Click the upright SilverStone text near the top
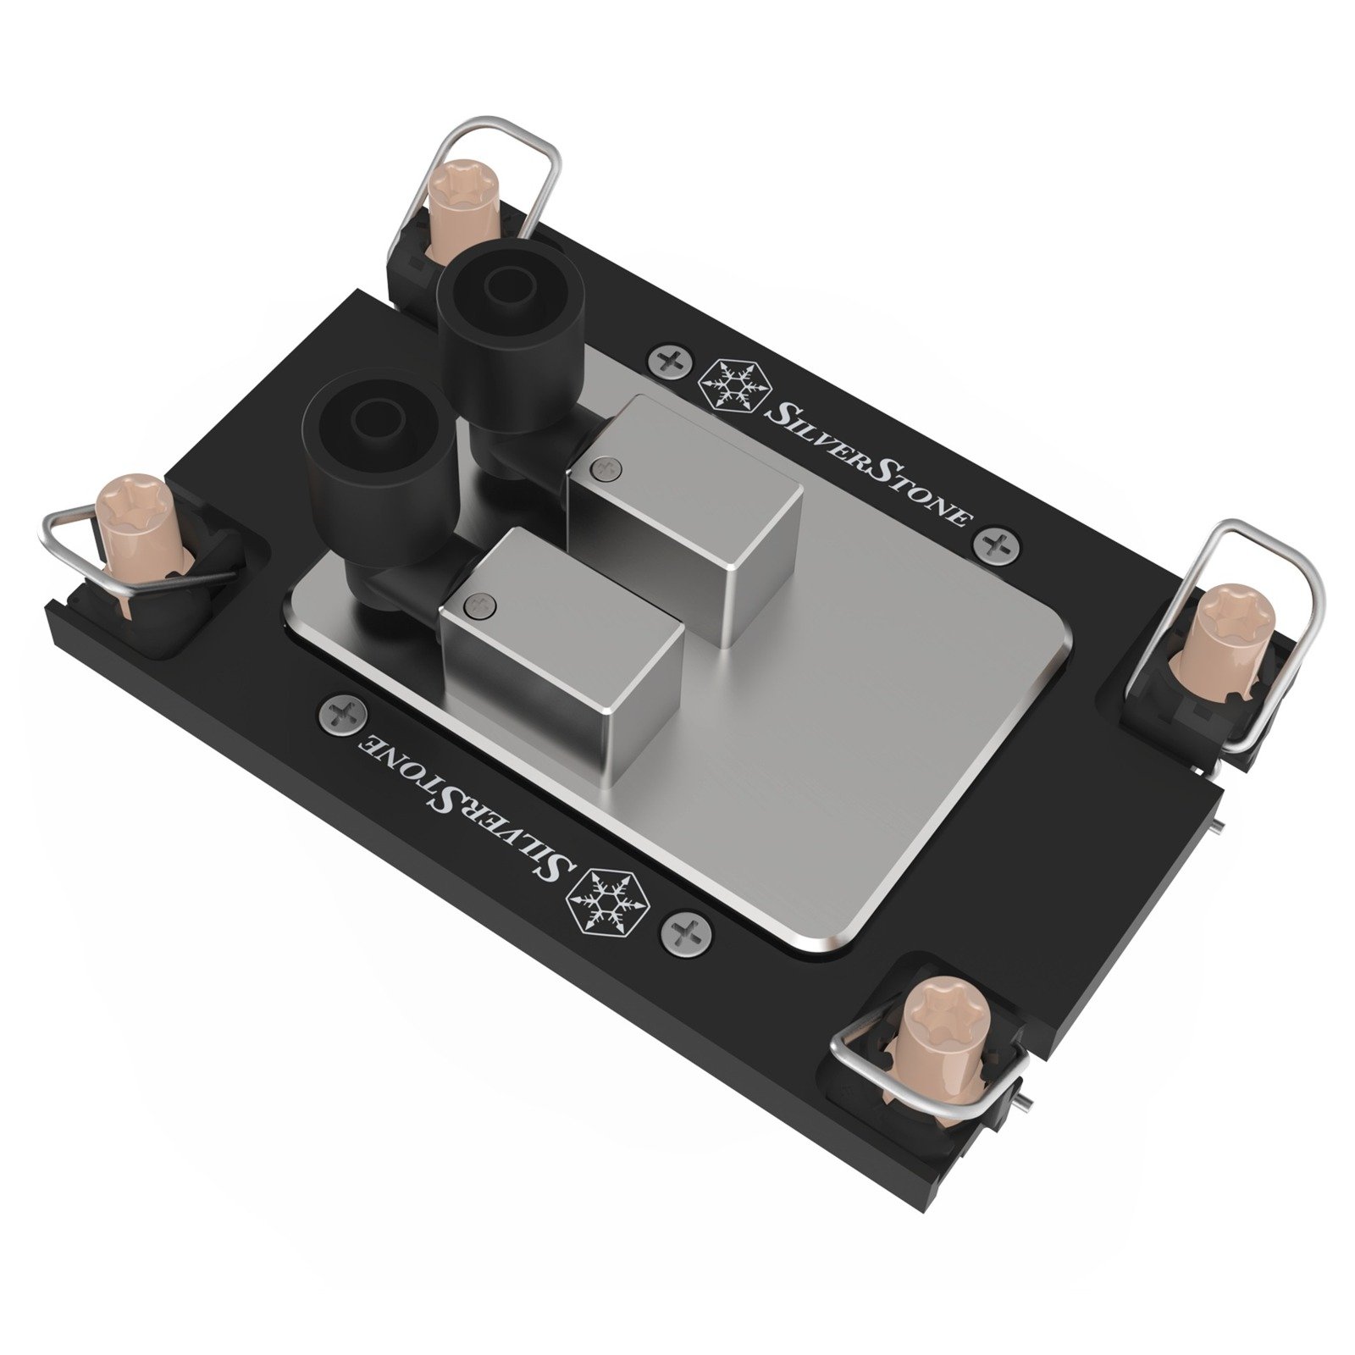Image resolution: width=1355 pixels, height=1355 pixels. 866,464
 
